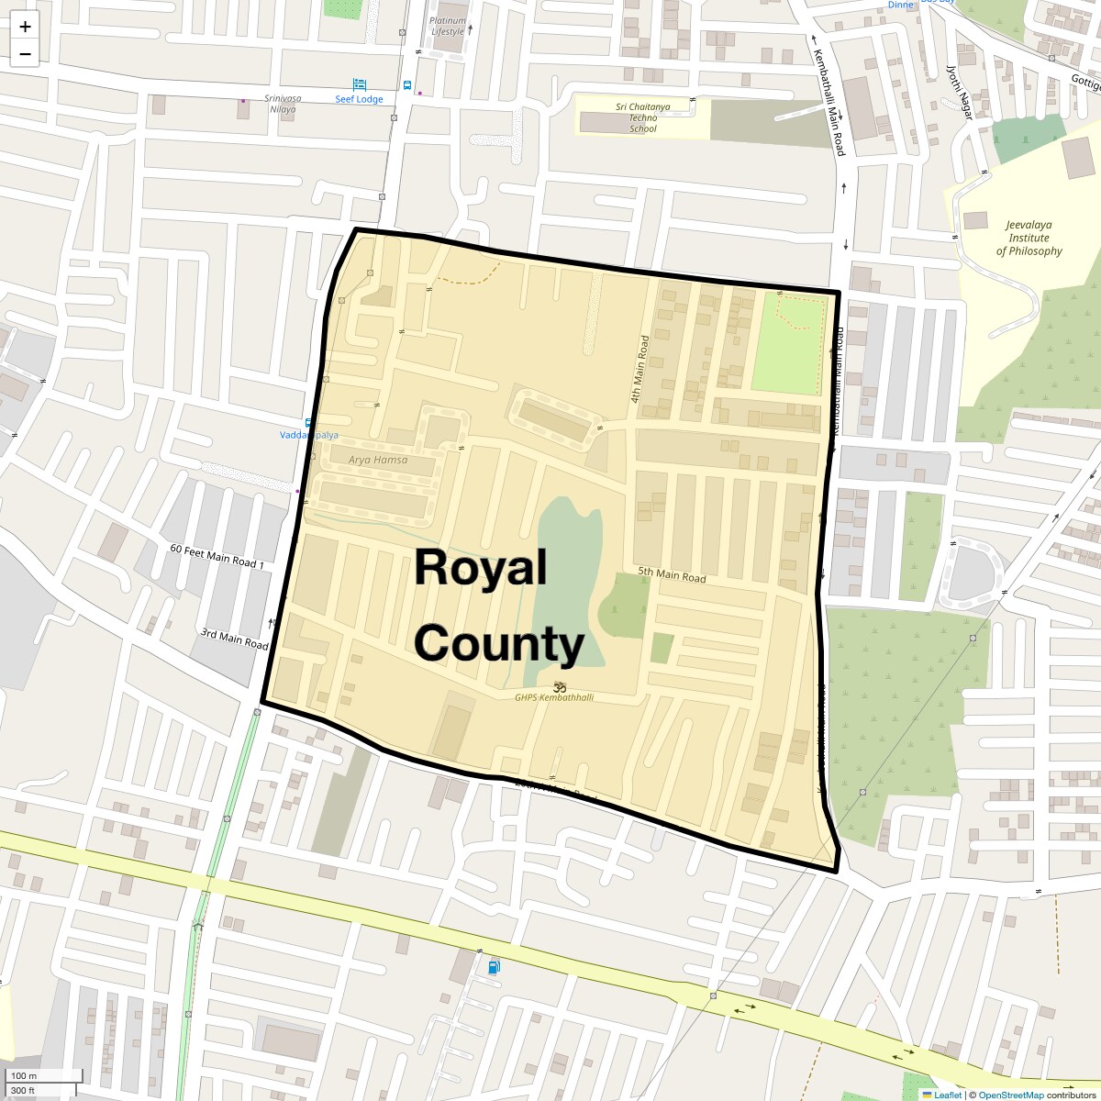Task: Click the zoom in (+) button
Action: [x=25, y=27]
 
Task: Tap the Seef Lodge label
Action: [x=359, y=99]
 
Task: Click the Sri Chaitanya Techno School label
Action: [x=643, y=117]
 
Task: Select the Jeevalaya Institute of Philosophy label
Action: [x=1029, y=238]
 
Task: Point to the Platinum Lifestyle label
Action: [x=449, y=26]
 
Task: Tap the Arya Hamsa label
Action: [x=378, y=460]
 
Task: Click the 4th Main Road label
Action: [x=639, y=369]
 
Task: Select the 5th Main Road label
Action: [x=673, y=575]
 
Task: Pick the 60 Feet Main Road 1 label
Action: [x=217, y=555]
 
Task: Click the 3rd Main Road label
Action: [x=234, y=639]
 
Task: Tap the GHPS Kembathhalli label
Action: [x=554, y=698]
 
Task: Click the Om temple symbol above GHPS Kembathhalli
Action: [x=560, y=686]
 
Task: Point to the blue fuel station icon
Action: [x=495, y=966]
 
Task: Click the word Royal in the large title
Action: [x=480, y=568]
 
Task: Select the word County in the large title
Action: [x=498, y=644]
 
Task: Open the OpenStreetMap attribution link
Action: [x=1010, y=1095]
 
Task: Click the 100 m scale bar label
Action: [x=25, y=1075]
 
